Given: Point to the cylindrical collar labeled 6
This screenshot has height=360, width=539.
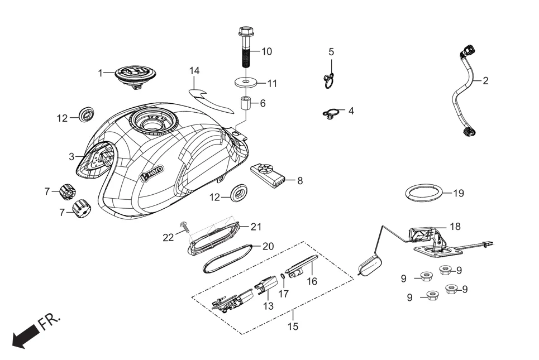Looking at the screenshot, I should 246,104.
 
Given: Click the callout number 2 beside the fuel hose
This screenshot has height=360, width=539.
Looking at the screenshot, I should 485,80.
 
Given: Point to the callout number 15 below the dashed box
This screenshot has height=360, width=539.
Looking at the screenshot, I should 293,327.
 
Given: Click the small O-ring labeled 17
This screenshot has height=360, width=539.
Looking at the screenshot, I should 283,275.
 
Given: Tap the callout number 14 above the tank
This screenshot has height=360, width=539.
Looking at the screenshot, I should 194,71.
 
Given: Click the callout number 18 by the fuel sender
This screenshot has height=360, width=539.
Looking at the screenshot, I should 471,226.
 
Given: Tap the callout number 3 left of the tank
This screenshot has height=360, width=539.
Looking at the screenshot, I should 71,157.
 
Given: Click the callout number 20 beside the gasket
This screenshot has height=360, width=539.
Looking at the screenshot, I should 268,246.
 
